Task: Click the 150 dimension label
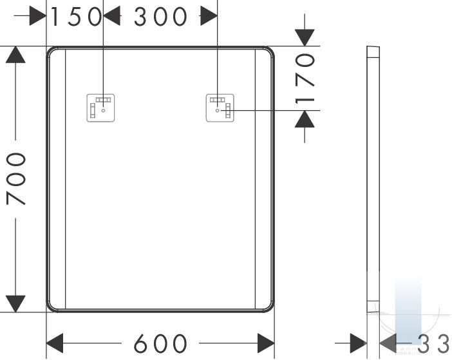coord(75,17)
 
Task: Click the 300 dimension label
coord(160,17)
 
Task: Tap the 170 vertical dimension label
coord(305,79)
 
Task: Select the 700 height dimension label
coord(17,178)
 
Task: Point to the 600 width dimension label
coord(160,343)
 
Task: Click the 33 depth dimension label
coord(433,343)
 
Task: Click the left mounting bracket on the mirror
coord(100,108)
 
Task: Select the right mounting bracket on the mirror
coord(220,108)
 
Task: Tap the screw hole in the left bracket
coord(103,110)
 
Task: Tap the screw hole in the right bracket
coord(218,110)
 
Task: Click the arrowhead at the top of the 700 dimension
coord(15,54)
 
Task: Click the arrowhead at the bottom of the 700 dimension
coord(15,303)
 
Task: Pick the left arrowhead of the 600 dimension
coord(55,343)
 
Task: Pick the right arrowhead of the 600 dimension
coord(266,343)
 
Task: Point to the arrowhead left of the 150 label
coord(38,16)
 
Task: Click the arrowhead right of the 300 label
coord(209,16)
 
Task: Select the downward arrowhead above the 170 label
coord(305,37)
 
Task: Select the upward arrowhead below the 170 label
coord(305,119)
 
